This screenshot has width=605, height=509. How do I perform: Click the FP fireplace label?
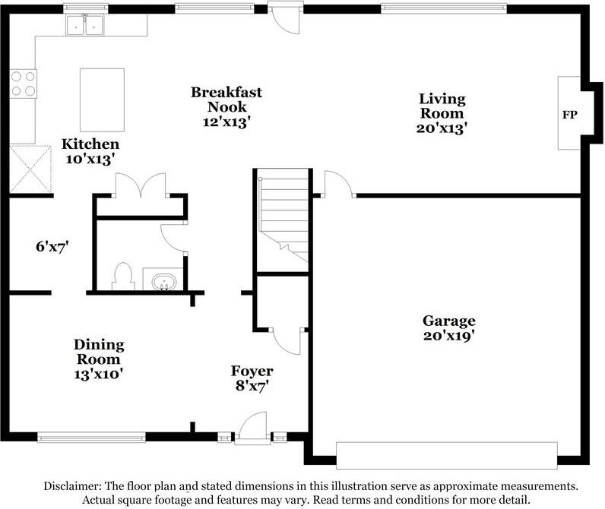[x=569, y=115]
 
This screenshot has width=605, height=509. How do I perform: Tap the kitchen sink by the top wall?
[x=85, y=26]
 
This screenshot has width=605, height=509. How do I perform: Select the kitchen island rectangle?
[x=103, y=100]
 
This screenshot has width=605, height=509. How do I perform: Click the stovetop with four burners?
[x=23, y=84]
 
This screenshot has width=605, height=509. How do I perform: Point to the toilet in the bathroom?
[x=123, y=276]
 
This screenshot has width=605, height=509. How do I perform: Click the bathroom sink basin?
[x=164, y=281]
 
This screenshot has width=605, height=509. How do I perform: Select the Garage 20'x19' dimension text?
[x=448, y=336]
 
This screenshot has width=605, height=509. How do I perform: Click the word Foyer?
[x=252, y=371]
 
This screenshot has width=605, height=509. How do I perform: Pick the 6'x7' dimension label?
[x=52, y=246]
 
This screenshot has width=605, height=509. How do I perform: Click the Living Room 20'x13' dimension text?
[x=442, y=128]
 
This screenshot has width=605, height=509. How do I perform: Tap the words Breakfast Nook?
[x=226, y=100]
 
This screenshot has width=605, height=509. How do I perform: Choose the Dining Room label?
[x=99, y=352]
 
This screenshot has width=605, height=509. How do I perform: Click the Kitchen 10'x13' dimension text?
[x=90, y=159]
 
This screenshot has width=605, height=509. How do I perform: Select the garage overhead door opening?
[x=447, y=455]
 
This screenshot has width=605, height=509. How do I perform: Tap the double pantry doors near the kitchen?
[x=141, y=185]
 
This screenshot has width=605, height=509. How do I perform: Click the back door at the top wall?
[x=285, y=18]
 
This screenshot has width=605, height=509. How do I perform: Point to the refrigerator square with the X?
[x=30, y=169]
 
